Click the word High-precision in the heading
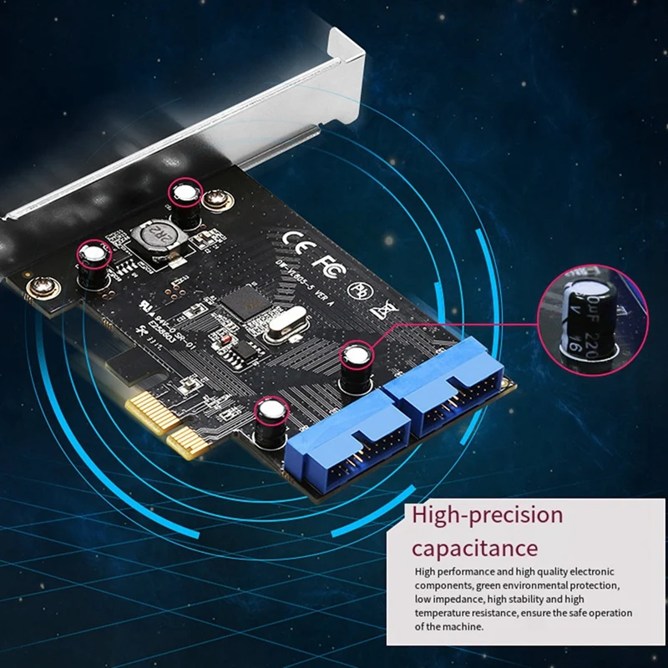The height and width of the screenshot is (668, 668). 488,515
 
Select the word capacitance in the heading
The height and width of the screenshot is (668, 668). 474,549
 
